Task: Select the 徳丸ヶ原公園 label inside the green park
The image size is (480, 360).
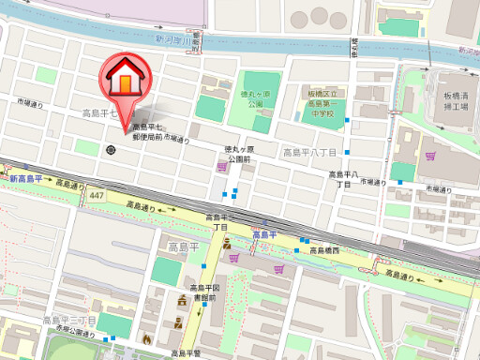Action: click(254, 98)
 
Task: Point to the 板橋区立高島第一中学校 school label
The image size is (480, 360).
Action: click(326, 104)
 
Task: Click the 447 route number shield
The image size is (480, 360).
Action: click(98, 195)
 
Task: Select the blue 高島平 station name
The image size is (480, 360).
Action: click(263, 234)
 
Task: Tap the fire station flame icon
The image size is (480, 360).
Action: click(147, 338)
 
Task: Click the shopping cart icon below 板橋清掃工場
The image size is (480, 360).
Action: click(430, 157)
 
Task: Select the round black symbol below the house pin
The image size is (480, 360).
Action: click(112, 149)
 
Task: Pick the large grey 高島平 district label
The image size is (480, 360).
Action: click(184, 247)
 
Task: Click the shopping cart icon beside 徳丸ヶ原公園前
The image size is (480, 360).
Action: click(221, 166)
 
